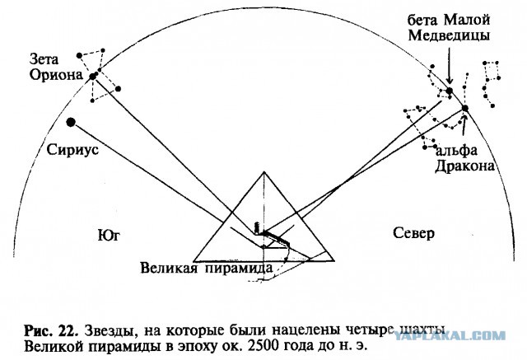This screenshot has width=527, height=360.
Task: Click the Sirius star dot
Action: (71, 123)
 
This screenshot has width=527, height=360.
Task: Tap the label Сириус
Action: (72, 150)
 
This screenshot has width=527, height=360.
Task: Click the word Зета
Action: (44, 59)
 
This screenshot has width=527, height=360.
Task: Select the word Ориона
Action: (56, 75)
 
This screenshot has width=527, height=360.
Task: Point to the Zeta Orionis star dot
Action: (93, 77)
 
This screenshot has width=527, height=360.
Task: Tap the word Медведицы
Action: (449, 35)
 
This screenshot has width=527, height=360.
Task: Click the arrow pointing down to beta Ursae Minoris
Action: (450, 66)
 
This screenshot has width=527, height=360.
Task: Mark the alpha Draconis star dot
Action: (464, 108)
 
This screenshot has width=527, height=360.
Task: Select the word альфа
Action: (456, 151)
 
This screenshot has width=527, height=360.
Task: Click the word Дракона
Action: (464, 166)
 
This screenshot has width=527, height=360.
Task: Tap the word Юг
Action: (109, 236)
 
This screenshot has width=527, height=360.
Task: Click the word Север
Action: (413, 233)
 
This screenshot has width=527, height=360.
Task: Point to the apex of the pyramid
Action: (264, 172)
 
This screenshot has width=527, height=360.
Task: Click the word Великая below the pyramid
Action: (169, 269)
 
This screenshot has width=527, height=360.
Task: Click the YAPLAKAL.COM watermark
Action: (450, 335)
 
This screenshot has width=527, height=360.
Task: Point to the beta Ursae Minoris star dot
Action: (450, 91)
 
